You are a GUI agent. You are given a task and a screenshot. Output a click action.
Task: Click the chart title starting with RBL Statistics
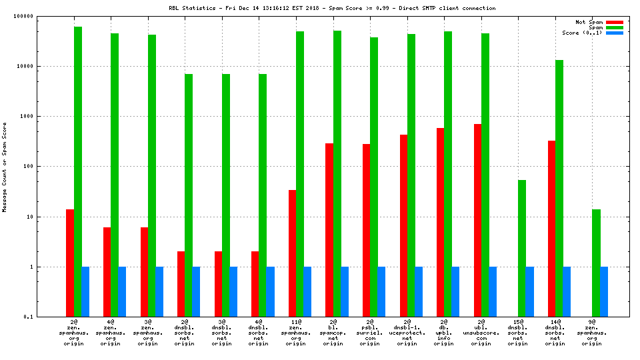(332, 8)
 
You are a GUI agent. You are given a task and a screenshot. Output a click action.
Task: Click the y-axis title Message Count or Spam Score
(5, 167)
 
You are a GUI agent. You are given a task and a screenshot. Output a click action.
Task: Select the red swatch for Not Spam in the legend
(614, 22)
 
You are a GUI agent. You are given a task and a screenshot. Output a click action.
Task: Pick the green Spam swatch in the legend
(614, 27)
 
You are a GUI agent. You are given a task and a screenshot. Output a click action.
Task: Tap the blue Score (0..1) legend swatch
(614, 33)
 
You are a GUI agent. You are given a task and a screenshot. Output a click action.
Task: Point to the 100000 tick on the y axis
(43, 16)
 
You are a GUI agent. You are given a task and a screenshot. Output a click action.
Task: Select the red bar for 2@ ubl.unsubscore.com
(477, 220)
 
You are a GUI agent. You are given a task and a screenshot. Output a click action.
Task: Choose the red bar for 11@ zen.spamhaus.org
(293, 253)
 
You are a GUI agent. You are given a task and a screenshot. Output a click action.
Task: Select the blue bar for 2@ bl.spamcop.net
(345, 291)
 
